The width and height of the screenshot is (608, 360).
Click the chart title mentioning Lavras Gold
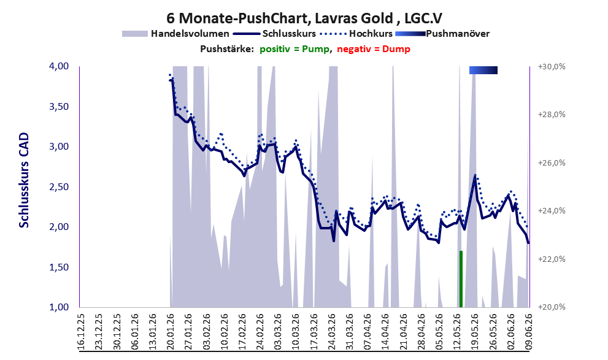click(304, 18)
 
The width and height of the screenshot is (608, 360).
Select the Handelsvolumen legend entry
click(175, 34)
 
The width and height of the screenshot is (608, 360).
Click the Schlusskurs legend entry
click(275, 34)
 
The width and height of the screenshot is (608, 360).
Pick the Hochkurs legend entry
click(356, 34)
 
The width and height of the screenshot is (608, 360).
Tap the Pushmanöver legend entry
click(442, 34)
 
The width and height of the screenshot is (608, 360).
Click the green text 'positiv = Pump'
click(294, 49)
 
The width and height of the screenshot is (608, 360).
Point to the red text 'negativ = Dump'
click(374, 49)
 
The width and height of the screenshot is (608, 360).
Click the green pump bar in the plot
click(461, 278)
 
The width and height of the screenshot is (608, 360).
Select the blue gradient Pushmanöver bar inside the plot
click(483, 70)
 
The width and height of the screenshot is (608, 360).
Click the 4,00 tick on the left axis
click(59, 66)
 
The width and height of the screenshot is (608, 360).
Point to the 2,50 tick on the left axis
click(59, 187)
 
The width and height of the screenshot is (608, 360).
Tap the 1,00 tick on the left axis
click(59, 307)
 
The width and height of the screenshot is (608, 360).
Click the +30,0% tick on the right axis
click(552, 67)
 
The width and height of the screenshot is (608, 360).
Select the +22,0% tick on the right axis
click(552, 259)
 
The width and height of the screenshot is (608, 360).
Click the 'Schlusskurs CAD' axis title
click(24, 180)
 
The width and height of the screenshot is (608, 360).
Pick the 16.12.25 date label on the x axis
click(81, 331)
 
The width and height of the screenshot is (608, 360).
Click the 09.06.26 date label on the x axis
click(528, 331)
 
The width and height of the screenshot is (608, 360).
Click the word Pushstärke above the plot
click(227, 49)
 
